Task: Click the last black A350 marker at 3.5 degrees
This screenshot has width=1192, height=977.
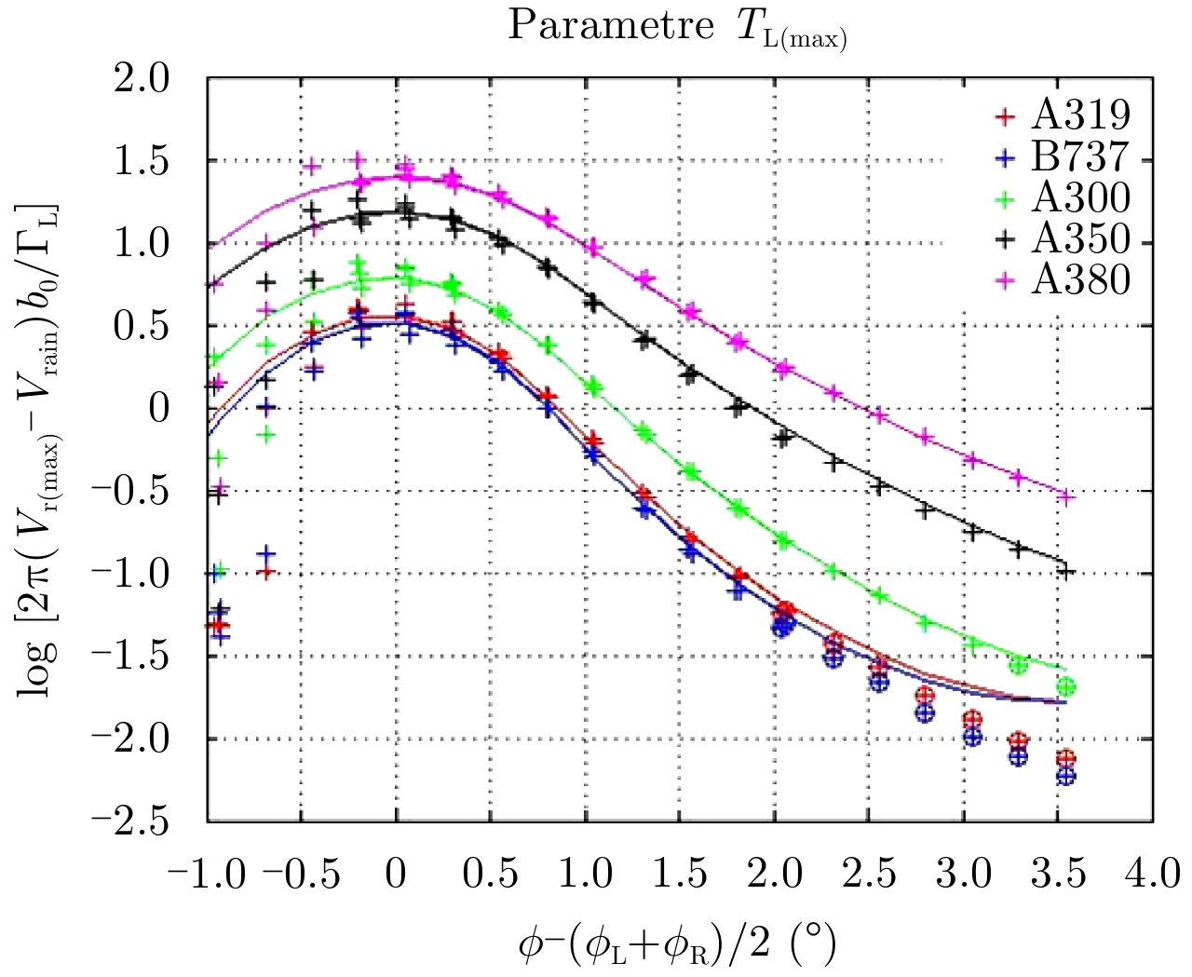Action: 1066,572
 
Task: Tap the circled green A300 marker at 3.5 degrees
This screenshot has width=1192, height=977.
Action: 1066,687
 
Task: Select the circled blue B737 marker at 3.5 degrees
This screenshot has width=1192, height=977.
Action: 1066,776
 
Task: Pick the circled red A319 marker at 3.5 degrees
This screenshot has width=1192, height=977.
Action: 1066,759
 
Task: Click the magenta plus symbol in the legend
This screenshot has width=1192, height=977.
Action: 1004,280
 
